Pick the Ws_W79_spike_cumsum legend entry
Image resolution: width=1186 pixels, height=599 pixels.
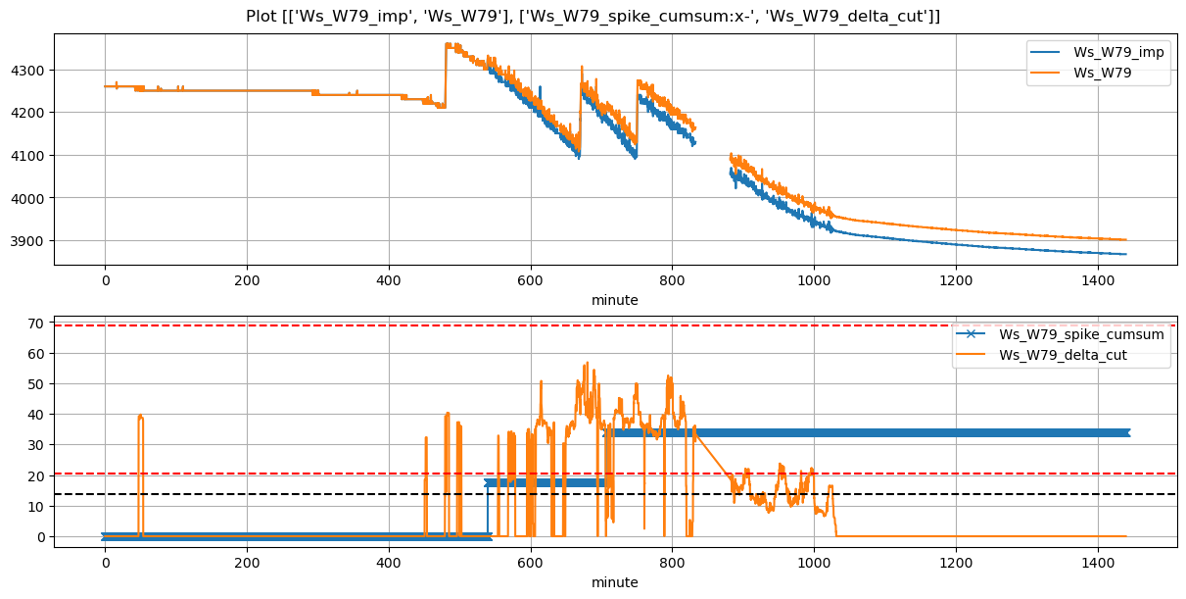1081,334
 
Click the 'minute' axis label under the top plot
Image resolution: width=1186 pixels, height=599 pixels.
614,300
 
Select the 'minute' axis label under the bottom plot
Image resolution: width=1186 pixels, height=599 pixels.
614,582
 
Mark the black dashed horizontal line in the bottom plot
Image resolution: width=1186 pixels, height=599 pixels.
294,494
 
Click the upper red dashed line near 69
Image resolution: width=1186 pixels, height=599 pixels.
294,325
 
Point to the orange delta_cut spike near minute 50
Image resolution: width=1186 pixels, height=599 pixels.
141,417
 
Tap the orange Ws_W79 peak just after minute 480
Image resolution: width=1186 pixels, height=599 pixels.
448,44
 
